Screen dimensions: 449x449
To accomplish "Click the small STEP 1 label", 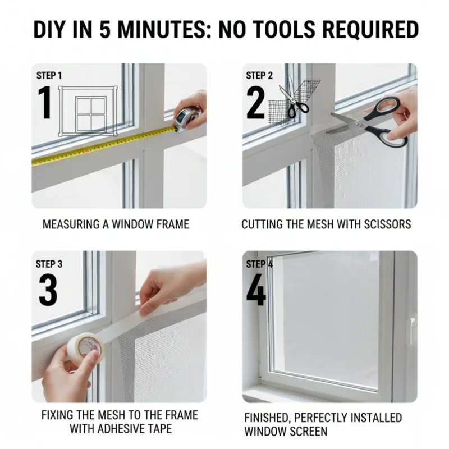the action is coord(49,76).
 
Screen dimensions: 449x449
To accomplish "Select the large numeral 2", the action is coord(256,103).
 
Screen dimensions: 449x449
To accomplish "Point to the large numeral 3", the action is coord(48,289).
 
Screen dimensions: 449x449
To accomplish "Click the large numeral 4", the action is coord(256,289).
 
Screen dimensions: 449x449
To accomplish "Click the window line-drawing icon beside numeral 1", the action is coord(88,111).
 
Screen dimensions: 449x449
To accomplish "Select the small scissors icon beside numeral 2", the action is coord(294,101).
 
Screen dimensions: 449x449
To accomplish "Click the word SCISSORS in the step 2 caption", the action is coord(387,224).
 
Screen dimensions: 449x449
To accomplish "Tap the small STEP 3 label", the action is coord(49,264).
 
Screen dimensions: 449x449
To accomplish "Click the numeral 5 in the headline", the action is coord(105,30).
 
